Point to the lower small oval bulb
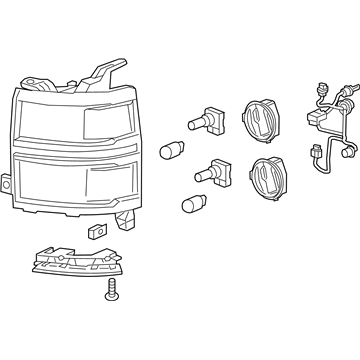click(190, 207)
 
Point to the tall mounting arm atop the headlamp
click(106, 72)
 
